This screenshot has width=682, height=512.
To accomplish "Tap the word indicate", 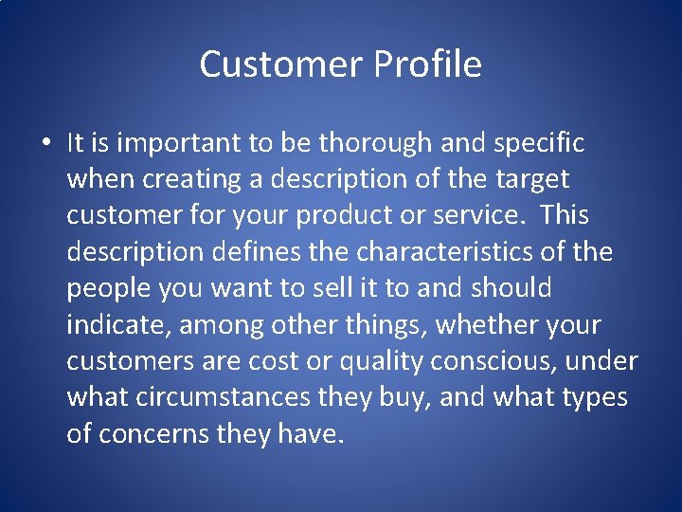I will click(x=110, y=324).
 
